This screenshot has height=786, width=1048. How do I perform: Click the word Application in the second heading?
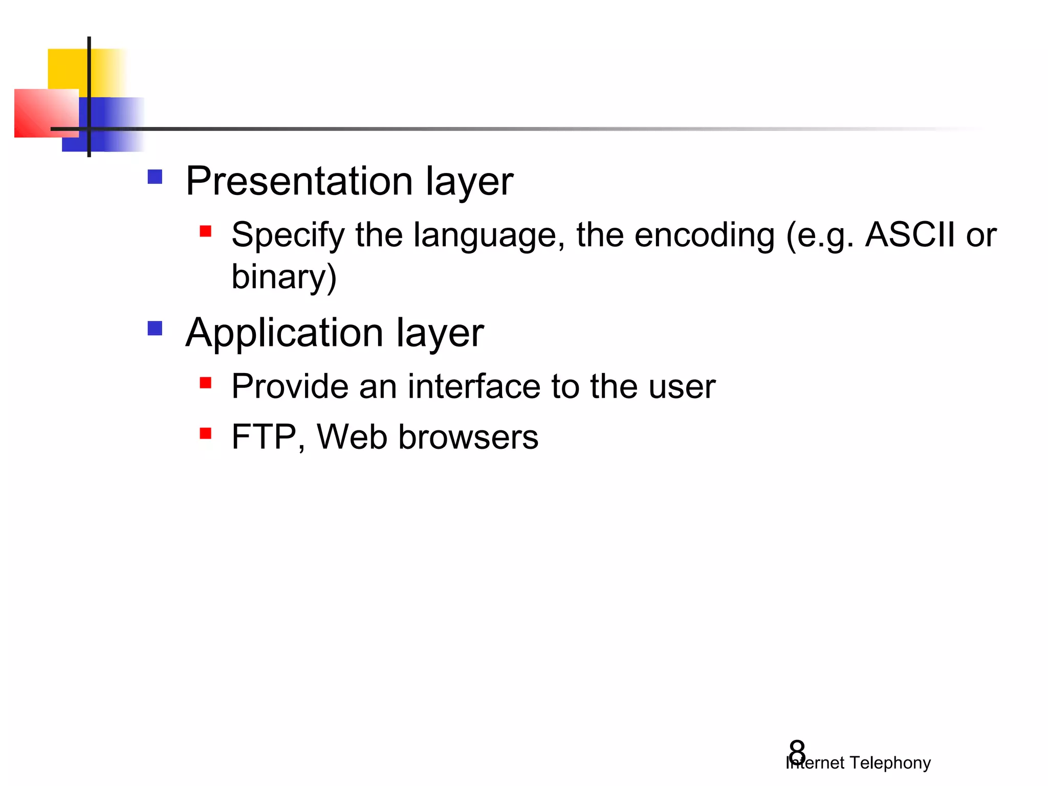point(284,333)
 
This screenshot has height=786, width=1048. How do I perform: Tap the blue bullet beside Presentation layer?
point(155,177)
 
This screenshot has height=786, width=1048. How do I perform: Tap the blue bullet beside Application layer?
point(155,328)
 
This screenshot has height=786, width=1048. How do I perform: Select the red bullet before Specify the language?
point(206,231)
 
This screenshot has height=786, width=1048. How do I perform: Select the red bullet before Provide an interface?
point(206,383)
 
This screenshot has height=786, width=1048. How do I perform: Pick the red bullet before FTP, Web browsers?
point(206,434)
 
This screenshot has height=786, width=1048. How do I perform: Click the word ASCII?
point(909,235)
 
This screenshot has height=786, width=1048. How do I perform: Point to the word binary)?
point(284,277)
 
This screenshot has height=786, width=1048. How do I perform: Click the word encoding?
point(704,235)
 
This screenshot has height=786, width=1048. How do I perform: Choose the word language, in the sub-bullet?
point(489,235)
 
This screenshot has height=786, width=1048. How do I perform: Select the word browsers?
point(468,438)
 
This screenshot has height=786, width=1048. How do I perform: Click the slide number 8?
point(797,752)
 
